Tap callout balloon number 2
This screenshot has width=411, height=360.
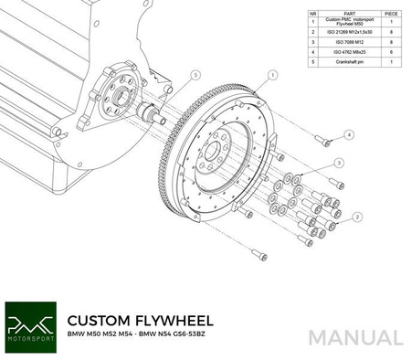point(358,217)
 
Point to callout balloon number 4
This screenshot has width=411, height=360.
point(350,133)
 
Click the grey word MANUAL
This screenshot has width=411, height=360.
point(355,337)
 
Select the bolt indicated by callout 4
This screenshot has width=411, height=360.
point(322,139)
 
